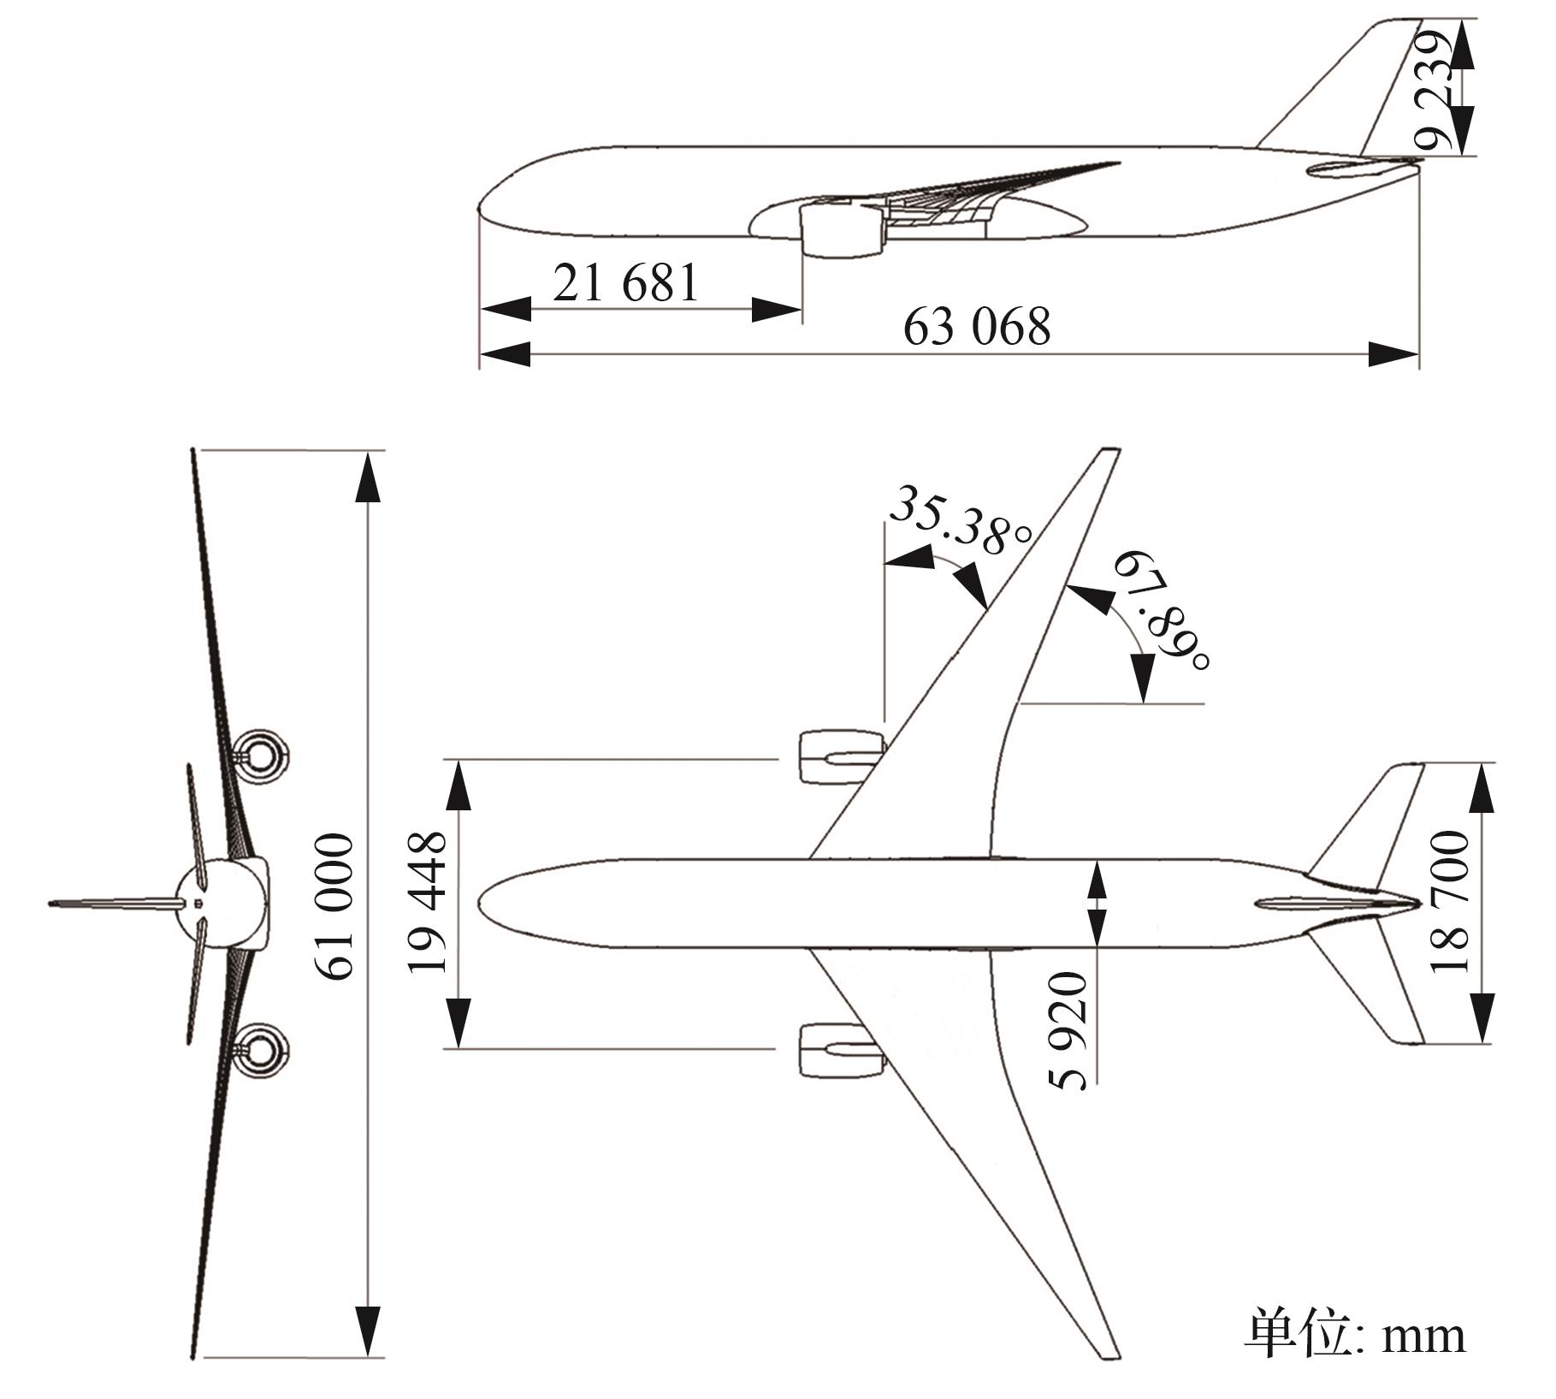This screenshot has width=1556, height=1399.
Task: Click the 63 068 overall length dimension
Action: coord(976,327)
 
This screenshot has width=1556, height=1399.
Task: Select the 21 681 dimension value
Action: coord(625,282)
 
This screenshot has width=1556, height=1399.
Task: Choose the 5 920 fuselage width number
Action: coord(1070,1030)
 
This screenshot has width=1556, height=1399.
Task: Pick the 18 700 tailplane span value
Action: coord(1448,902)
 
